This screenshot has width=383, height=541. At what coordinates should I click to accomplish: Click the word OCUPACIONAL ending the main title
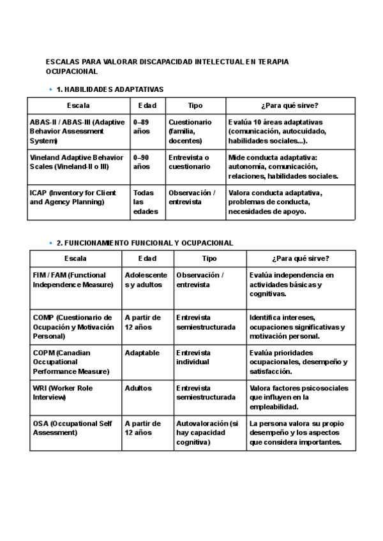pos(71,72)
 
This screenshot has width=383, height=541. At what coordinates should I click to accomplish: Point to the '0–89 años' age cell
pos(141,126)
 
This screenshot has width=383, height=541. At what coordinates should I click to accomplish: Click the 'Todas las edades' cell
pos(145,202)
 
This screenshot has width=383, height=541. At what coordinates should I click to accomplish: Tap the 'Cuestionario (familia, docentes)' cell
pos(190,131)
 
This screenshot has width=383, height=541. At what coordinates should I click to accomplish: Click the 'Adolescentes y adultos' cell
pos(146,279)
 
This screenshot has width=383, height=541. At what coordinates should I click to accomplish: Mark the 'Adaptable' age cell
pos(142,353)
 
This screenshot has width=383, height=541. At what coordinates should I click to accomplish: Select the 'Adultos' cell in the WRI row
pos(139,388)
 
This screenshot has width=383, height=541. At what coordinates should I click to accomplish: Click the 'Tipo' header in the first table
pos(195,105)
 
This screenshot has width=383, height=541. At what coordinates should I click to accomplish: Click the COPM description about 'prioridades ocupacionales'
pos(299,362)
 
